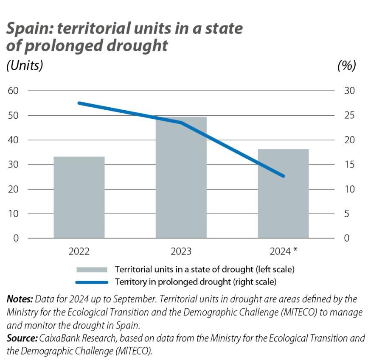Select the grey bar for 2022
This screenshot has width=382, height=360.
tap(79, 197)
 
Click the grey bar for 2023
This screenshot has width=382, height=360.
tap(181, 177)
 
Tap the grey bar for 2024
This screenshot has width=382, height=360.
tap(283, 193)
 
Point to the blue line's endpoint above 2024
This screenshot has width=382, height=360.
tap(283, 176)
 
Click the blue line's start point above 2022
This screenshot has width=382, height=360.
tap(79, 103)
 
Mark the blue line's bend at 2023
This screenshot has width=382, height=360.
tap(181, 123)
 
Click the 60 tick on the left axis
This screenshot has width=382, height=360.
tap(14, 91)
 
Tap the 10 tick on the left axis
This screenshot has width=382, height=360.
tap(14, 213)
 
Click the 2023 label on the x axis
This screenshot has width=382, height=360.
tap(181, 251)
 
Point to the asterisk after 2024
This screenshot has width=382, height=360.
tap(295, 251)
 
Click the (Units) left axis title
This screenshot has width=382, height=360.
tap(25, 66)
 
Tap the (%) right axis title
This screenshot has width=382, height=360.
tap(346, 66)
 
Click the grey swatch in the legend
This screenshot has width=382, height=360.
tap(91, 269)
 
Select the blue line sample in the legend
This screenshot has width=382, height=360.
tap(91, 282)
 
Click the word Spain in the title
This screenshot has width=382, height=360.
tap(29, 29)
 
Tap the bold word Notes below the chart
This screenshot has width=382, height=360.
tap(20, 299)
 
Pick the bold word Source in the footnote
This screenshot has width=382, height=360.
tap(22, 338)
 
